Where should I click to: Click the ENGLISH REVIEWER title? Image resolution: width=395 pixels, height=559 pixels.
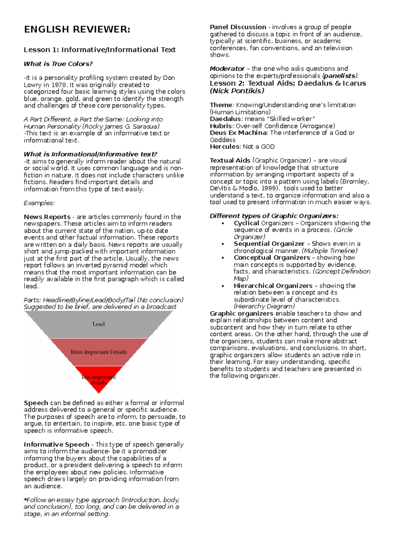point(77,30)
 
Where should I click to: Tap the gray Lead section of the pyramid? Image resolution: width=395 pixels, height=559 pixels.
point(98,324)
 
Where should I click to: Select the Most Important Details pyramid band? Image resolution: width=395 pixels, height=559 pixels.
point(98,352)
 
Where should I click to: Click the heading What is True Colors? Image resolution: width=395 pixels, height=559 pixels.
point(58,64)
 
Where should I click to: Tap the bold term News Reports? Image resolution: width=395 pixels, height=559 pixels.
point(47,217)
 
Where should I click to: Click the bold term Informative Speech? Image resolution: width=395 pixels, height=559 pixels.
point(56,444)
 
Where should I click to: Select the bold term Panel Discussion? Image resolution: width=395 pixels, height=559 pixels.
point(238,27)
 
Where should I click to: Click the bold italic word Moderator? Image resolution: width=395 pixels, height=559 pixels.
point(227,69)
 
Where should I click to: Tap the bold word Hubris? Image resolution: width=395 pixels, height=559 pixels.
point(221,126)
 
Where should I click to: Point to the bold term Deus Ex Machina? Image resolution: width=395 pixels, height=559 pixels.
point(238,133)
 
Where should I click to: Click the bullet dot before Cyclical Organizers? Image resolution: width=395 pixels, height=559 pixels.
point(223,224)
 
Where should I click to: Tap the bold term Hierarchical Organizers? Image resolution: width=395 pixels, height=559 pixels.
point(273,286)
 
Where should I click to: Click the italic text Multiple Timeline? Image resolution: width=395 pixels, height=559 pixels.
point(329,251)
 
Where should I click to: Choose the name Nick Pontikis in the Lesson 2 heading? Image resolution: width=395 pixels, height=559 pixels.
point(237,91)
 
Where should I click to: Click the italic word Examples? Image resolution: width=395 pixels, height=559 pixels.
point(39,203)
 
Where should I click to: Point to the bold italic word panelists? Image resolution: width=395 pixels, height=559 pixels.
point(340,76)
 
